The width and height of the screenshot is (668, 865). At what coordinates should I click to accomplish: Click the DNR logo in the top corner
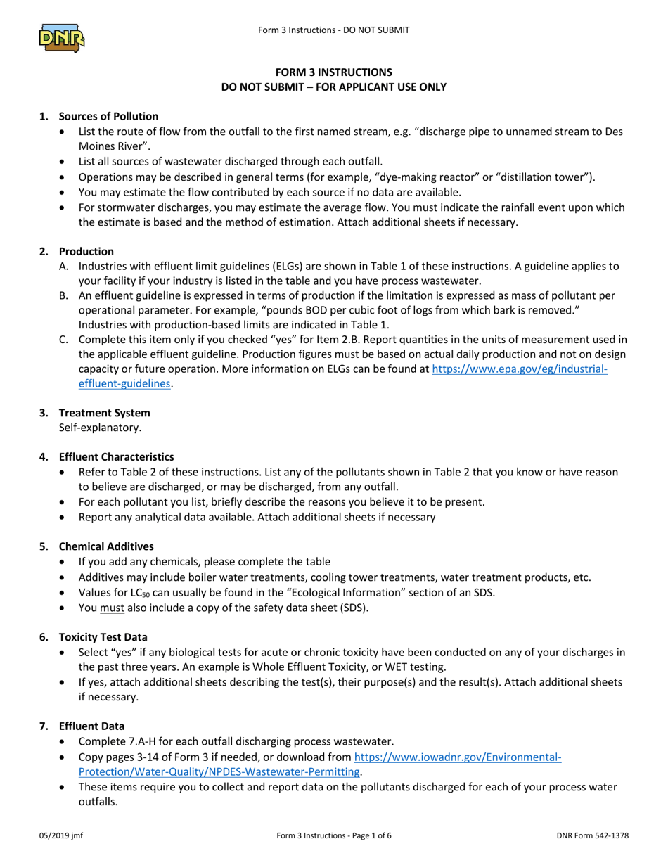pos(62,37)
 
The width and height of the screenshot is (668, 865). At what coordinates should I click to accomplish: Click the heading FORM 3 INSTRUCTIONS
pos(333,72)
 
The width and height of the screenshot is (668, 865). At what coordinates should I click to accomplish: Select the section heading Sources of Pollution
pos(108,116)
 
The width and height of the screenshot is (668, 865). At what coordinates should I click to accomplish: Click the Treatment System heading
pos(104,412)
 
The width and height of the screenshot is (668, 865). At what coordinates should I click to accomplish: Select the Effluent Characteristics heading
pos(116,456)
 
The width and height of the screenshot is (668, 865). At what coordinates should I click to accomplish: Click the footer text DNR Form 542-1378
pos(592,835)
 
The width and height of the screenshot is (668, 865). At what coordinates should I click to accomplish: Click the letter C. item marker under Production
pos(64,340)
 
